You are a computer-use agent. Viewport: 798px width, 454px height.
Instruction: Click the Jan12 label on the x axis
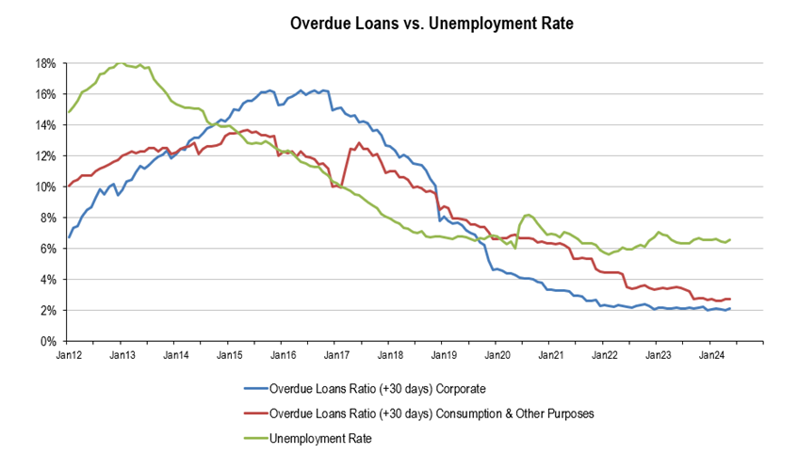(x=68, y=356)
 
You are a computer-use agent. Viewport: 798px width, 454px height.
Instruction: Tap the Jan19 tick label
(x=445, y=356)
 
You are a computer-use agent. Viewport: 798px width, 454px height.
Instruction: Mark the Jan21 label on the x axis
(x=552, y=356)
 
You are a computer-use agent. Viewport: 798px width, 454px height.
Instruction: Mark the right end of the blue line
(x=730, y=308)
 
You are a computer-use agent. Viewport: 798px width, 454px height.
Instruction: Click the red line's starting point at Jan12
(x=69, y=186)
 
